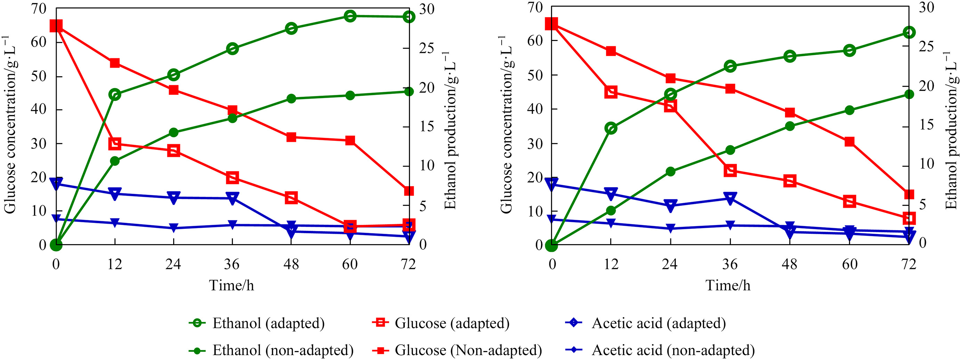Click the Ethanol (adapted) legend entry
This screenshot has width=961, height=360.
[257, 323]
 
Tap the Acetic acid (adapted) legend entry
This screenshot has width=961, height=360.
[646, 323]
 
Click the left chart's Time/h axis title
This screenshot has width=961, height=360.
[232, 285]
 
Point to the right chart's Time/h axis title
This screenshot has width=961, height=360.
[728, 285]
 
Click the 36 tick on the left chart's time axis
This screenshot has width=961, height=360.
[232, 264]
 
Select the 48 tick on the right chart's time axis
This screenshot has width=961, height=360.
[789, 264]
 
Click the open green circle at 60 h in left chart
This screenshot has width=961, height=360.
[350, 16]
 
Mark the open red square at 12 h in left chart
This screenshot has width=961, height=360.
[114, 144]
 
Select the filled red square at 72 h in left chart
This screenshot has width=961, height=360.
[409, 191]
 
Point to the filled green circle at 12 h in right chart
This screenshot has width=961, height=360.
[611, 211]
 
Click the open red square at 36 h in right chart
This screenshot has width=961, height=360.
[730, 171]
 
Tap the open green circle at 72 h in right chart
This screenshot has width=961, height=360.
[909, 32]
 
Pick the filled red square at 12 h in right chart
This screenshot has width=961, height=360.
[611, 51]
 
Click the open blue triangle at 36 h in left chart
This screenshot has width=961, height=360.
[232, 198]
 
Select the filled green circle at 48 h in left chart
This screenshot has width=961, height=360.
[291, 98]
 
